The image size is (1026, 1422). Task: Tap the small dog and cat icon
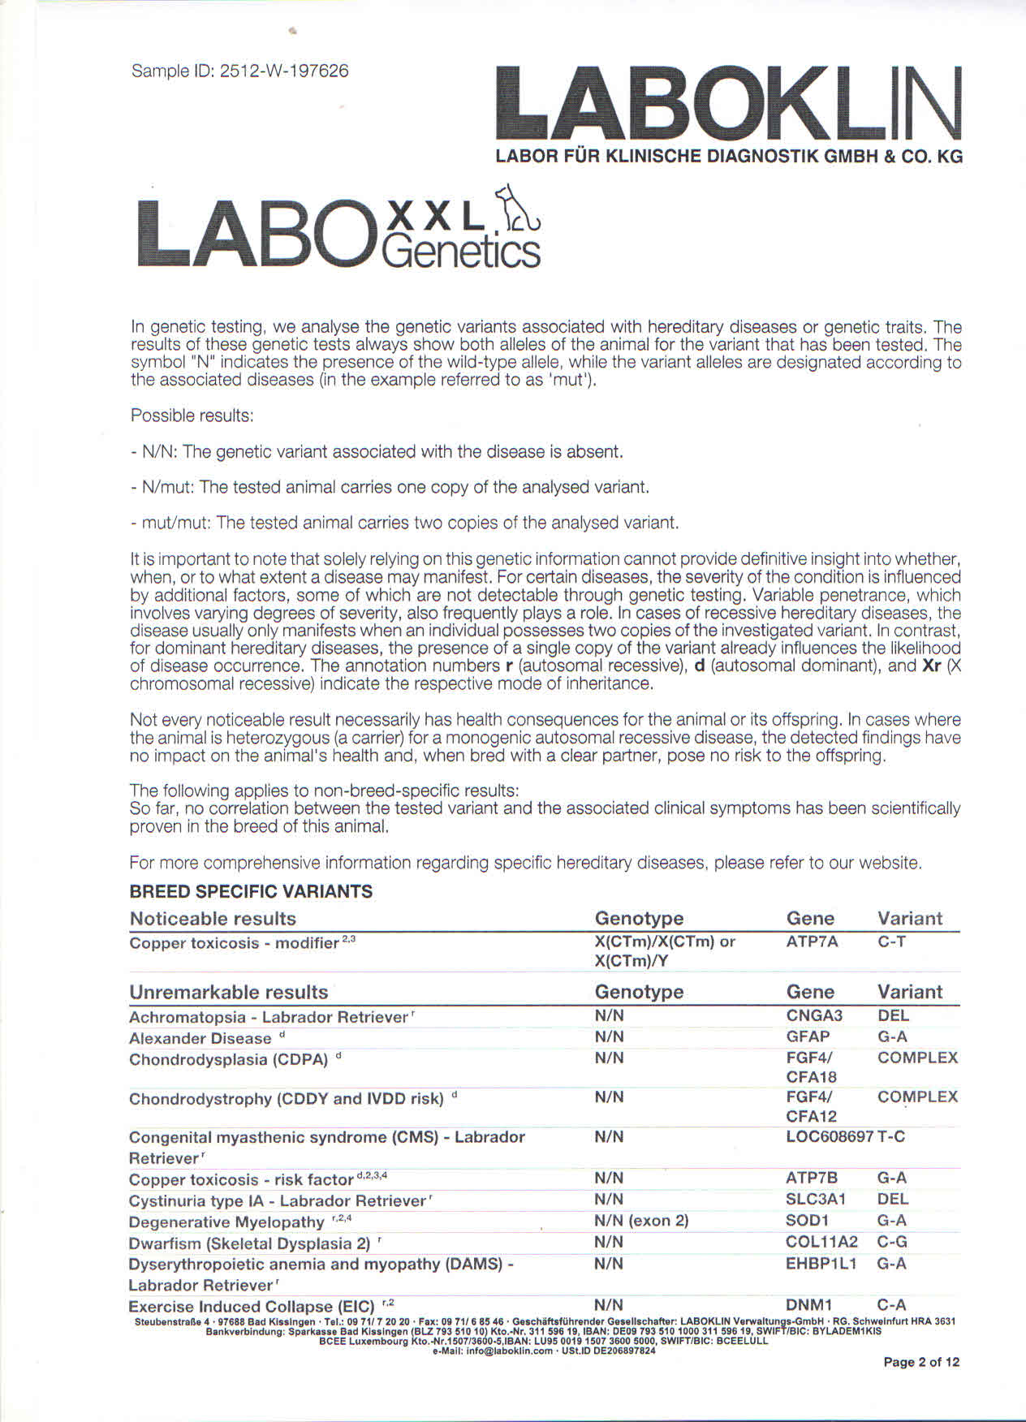[x=520, y=208]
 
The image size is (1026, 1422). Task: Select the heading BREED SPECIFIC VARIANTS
[x=251, y=891]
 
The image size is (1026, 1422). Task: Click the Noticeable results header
[x=213, y=919]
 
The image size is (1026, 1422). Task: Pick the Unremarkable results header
[x=228, y=992]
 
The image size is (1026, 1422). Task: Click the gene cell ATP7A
[x=812, y=942]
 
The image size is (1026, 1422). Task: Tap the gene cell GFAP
[x=808, y=1036]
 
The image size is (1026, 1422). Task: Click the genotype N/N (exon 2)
[x=641, y=1220]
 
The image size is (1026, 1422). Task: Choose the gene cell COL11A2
[x=821, y=1242]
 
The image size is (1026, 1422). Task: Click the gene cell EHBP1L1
[x=821, y=1263]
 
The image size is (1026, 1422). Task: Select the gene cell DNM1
[x=809, y=1305]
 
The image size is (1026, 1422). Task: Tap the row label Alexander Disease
[x=200, y=1038]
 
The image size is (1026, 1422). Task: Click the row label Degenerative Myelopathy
[x=226, y=1222]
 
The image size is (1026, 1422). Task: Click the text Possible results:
[x=192, y=416]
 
